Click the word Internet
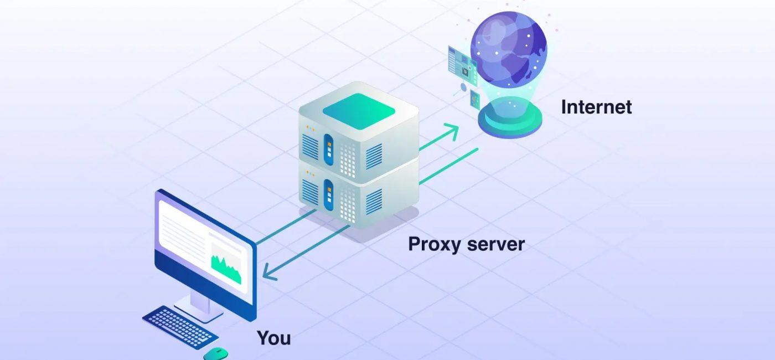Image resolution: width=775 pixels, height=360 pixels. tap(596, 107)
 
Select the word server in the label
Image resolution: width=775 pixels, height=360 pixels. tap(497, 244)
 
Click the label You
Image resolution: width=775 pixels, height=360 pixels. tap(273, 337)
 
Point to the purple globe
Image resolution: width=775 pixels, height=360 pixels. tap(508, 53)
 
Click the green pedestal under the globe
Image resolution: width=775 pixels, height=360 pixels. tap(510, 121)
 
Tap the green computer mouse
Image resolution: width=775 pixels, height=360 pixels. tap(215, 353)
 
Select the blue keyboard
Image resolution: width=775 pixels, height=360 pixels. tap(180, 326)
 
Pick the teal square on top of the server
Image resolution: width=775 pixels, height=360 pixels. tap(359, 106)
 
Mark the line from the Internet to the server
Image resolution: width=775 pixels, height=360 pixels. tap(448, 166)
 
